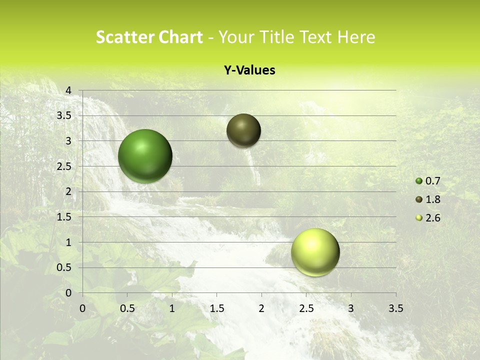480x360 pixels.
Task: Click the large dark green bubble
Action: (145, 155)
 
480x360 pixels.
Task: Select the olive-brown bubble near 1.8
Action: (243, 130)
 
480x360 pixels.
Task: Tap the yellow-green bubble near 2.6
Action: (315, 252)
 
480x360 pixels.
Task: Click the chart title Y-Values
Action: (249, 70)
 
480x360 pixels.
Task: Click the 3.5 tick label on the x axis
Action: (395, 308)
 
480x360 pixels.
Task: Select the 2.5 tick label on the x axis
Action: (306, 308)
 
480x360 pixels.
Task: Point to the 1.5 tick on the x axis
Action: (216, 308)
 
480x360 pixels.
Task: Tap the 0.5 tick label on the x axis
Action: (127, 308)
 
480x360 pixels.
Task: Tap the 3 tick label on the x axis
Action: (350, 308)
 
